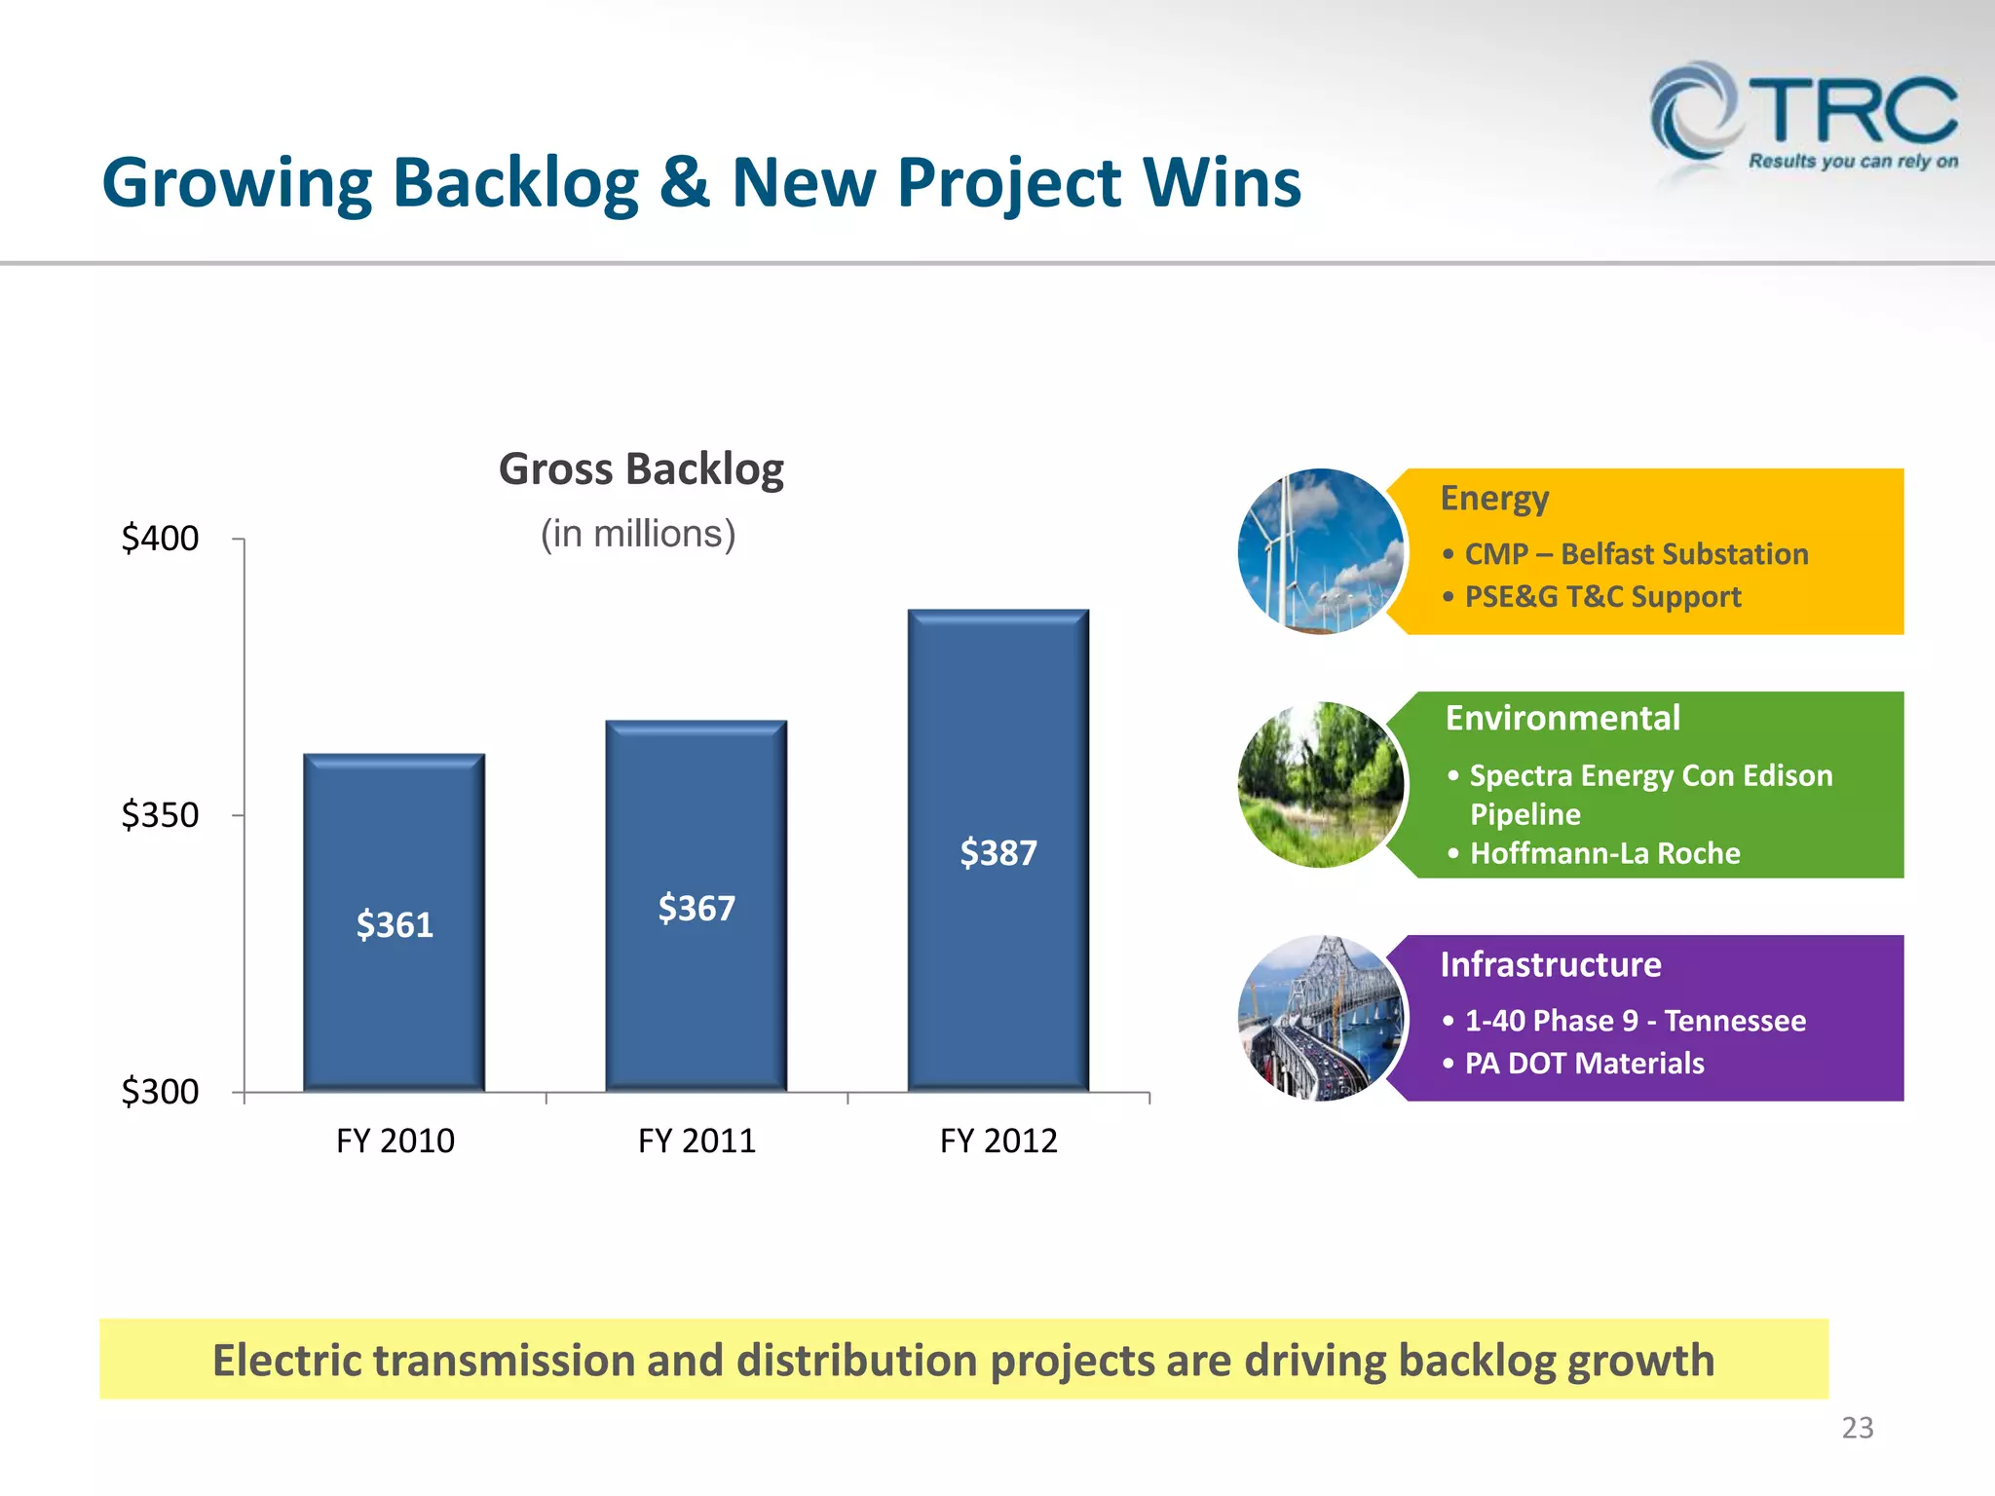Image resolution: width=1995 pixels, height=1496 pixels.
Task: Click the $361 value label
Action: tap(395, 924)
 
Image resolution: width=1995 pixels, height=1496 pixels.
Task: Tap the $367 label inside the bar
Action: tap(696, 908)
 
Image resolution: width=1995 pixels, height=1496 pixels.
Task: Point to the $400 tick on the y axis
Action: tap(160, 538)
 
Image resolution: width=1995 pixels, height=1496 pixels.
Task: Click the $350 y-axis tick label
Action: tap(160, 814)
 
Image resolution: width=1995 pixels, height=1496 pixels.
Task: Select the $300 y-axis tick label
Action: tap(160, 1091)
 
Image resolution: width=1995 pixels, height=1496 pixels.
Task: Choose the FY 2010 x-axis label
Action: tap(395, 1141)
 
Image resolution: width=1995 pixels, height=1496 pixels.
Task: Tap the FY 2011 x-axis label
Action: tap(696, 1141)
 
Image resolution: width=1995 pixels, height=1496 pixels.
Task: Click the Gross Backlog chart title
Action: tap(641, 469)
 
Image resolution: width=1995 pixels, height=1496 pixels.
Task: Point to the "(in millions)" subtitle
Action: tap(638, 534)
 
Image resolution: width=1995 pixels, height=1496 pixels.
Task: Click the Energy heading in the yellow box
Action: tap(1493, 499)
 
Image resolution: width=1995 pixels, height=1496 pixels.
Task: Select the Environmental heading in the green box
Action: tap(1562, 719)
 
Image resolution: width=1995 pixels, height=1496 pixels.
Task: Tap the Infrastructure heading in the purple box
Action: tap(1550, 964)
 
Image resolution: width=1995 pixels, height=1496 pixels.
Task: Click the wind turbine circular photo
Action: tap(1320, 551)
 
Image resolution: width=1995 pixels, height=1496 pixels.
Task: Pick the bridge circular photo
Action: tap(1320, 1019)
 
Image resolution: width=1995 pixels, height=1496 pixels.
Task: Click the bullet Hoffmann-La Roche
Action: tap(1603, 853)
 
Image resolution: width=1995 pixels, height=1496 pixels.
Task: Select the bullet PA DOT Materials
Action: tap(1584, 1063)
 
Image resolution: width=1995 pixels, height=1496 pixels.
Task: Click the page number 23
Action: tap(1857, 1428)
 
